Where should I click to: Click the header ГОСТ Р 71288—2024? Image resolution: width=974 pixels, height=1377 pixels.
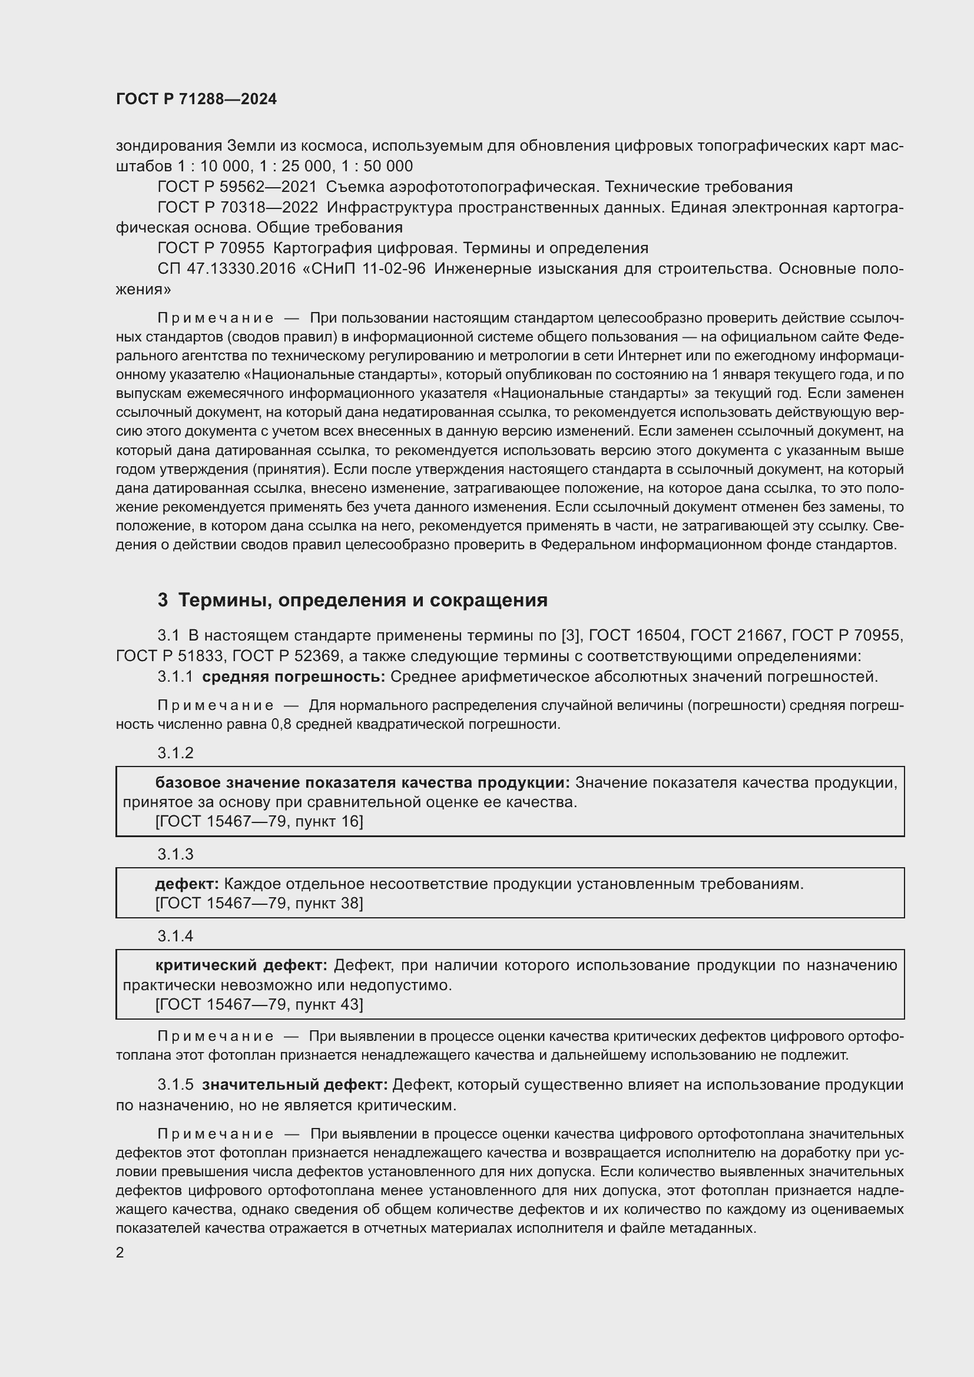coord(196,99)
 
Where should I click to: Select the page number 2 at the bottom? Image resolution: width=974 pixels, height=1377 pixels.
coord(120,1252)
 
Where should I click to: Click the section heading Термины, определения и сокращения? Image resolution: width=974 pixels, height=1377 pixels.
coord(363,600)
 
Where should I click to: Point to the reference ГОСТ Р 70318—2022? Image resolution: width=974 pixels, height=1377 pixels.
coord(237,207)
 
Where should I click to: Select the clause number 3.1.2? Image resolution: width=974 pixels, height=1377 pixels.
coord(175,754)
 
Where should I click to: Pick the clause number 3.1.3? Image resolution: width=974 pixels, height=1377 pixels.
coord(175,854)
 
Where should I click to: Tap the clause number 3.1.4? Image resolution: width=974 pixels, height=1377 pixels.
coord(175,936)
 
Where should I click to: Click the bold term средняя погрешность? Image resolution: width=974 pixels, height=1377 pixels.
coord(293,677)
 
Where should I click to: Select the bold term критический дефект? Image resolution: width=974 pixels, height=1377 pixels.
coord(241,965)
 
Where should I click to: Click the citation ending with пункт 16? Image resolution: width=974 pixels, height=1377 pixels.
coord(259,822)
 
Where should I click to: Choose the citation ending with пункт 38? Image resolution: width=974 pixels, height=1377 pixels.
coord(259,903)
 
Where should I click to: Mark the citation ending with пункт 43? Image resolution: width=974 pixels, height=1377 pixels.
coord(259,1004)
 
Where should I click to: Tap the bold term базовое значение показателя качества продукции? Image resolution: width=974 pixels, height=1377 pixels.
coord(362,783)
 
